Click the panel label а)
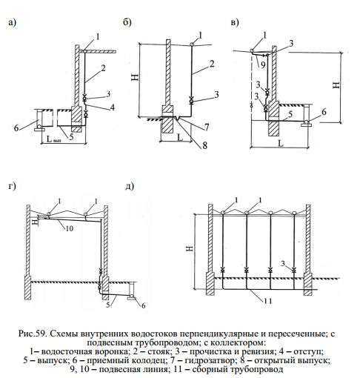click(x=12, y=22)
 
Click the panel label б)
click(x=127, y=22)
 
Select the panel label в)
click(x=235, y=22)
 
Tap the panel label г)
click(x=12, y=186)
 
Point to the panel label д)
click(x=130, y=186)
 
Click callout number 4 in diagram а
click(x=113, y=107)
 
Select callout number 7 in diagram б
click(x=207, y=127)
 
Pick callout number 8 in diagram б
click(x=204, y=145)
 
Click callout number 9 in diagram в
click(x=263, y=64)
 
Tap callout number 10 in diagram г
click(x=70, y=228)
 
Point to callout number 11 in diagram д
click(x=267, y=301)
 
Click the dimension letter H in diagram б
click(x=136, y=76)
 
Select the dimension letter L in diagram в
click(x=280, y=143)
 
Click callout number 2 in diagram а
click(x=103, y=67)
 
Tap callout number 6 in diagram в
click(x=324, y=112)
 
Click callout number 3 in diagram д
click(x=283, y=263)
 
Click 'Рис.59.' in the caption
click(x=33, y=334)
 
